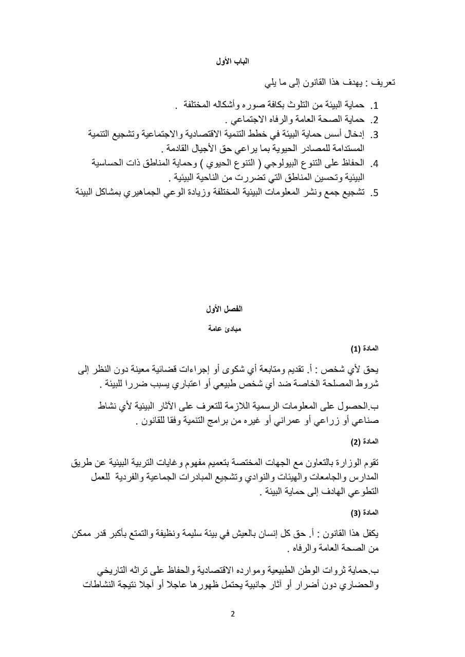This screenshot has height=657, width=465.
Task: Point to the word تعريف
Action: point(383,82)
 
